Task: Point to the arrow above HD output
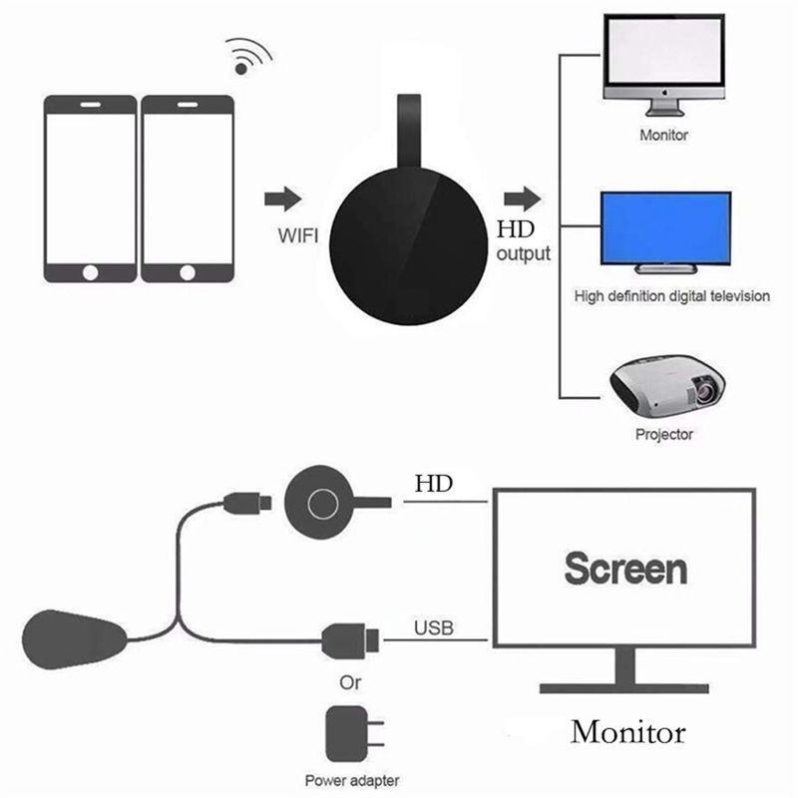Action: point(519,198)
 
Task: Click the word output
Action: point(523,253)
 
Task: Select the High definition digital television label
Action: point(672,296)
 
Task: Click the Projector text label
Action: point(663,434)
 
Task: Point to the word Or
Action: point(350,683)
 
